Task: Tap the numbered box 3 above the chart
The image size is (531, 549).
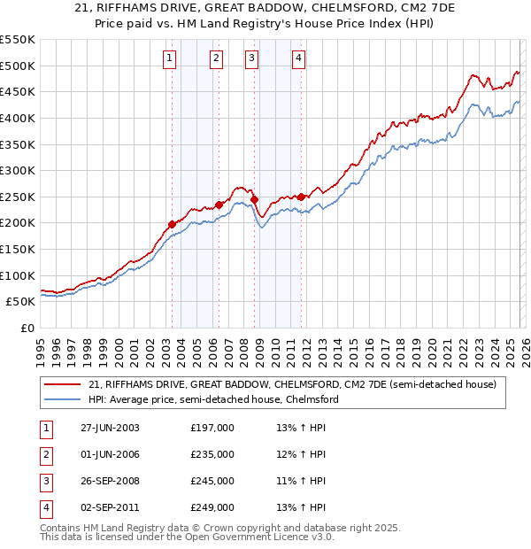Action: point(251,59)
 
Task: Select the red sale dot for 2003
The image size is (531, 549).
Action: point(172,224)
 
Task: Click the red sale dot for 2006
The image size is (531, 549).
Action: point(218,205)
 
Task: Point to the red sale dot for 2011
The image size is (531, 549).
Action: point(301,197)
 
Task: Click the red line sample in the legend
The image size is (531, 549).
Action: point(63,385)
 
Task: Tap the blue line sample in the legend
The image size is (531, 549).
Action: point(63,400)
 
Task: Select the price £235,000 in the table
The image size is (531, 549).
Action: point(212,454)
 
